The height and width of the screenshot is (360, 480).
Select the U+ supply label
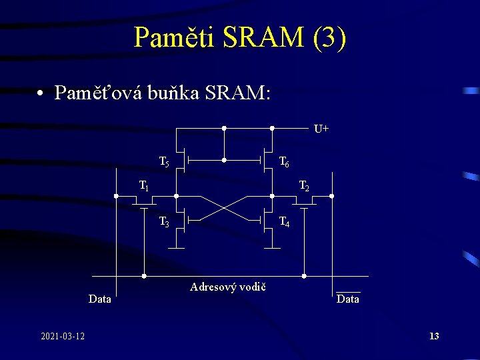321,128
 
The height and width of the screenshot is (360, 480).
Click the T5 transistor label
164,162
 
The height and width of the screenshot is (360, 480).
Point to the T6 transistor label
284,162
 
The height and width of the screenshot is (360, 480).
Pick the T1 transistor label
143,185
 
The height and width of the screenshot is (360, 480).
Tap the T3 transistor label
164,223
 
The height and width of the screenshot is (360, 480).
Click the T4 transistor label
284,223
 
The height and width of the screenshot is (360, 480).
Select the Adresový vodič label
228,287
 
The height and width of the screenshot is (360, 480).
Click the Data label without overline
100,299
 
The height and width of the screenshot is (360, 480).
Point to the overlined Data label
348,299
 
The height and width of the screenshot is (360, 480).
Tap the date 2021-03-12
63,335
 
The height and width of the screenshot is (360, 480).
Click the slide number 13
434,336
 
